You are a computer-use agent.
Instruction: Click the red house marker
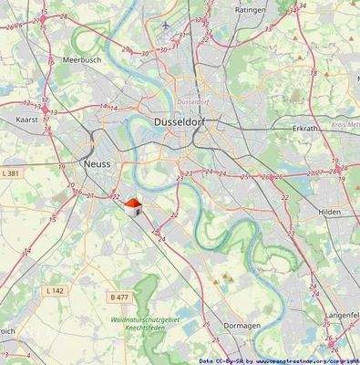click(x=133, y=205)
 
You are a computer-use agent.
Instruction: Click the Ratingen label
click(x=250, y=9)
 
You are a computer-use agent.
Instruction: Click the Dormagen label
click(x=242, y=325)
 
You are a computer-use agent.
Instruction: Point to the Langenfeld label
click(x=342, y=315)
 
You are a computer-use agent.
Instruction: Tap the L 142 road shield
click(x=56, y=290)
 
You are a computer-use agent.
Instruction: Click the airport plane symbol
click(x=164, y=25)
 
